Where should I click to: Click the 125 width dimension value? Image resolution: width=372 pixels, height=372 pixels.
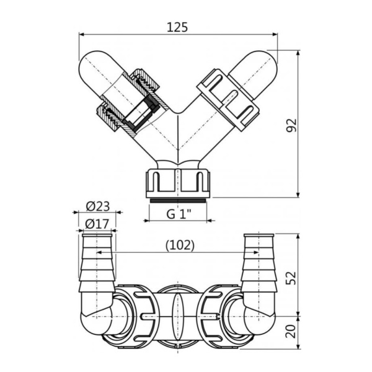pos(177,27)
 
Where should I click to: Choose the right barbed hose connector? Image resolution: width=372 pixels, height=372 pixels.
pos(259,260)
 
